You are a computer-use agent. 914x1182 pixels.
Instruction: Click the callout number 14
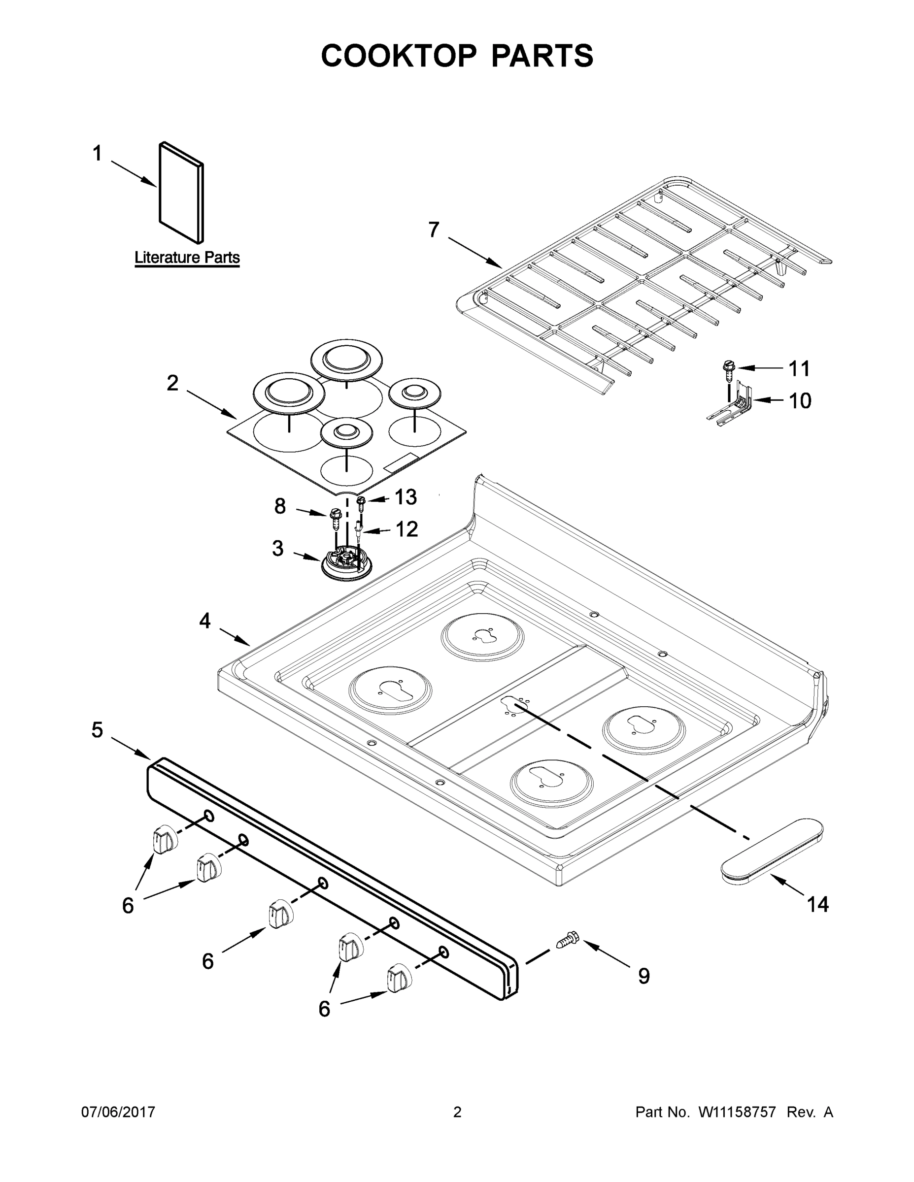[x=817, y=904]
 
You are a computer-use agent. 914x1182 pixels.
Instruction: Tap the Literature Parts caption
[x=187, y=258]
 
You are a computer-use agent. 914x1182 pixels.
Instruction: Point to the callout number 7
[x=434, y=230]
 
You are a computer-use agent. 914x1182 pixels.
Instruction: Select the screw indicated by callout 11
[x=728, y=368]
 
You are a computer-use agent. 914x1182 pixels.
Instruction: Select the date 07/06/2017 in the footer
[x=118, y=1112]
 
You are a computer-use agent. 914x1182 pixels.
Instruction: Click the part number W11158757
[x=737, y=1112]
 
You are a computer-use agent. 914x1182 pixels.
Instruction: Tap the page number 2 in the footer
[x=457, y=1112]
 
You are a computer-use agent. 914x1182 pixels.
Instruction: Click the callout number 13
[x=406, y=497]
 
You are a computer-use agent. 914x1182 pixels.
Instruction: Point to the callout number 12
[x=406, y=529]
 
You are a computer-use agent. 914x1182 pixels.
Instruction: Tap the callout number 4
[x=204, y=621]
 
